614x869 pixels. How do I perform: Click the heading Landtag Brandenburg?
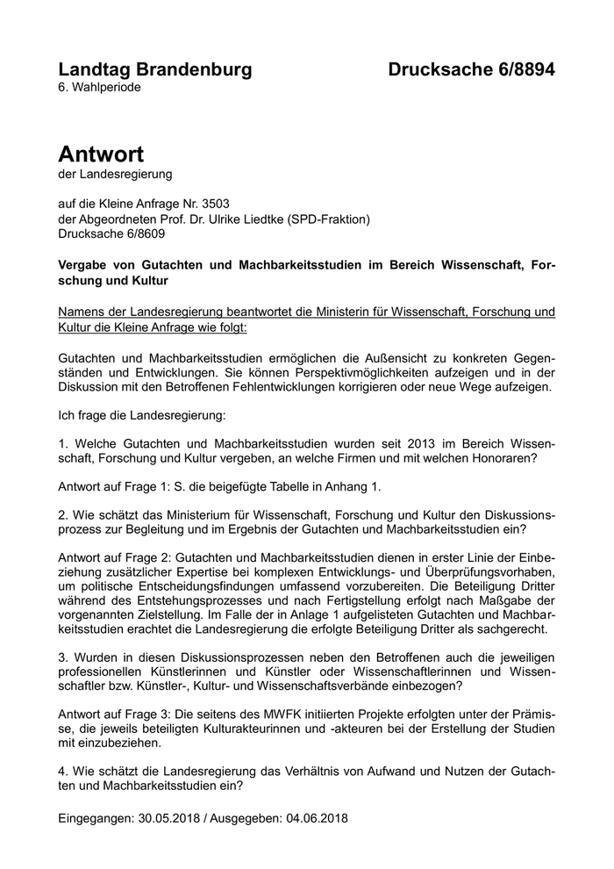(154, 69)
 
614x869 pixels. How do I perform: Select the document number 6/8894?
(521, 69)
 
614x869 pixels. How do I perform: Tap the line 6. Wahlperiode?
(98, 88)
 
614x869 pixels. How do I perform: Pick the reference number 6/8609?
(140, 234)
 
